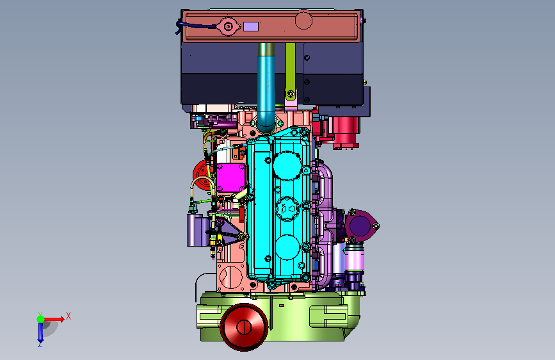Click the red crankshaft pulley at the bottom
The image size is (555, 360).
coord(244,327)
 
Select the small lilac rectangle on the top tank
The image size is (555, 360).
coord(251,26)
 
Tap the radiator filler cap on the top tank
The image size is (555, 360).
coord(229,26)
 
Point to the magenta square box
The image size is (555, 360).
coord(231,178)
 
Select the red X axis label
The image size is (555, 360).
coord(68,316)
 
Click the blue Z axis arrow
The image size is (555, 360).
coord(41,332)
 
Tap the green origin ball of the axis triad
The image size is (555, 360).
coord(41,319)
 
